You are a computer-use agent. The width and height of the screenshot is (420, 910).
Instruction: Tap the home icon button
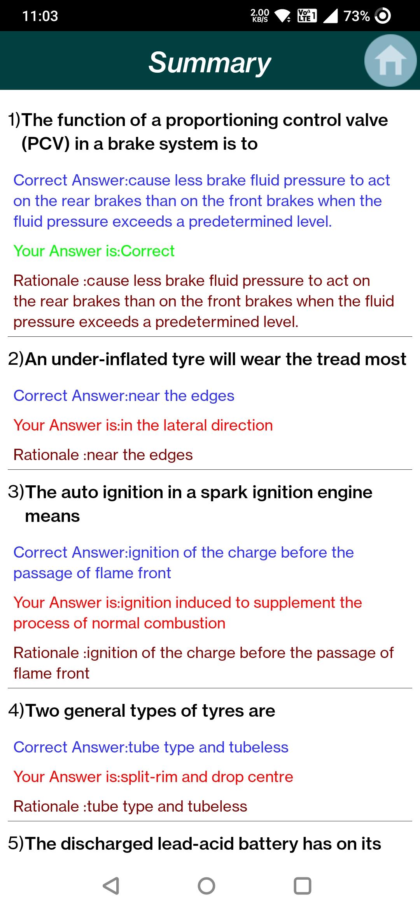pyautogui.click(x=390, y=61)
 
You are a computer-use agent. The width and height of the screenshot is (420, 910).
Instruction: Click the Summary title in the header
pyautogui.click(x=210, y=63)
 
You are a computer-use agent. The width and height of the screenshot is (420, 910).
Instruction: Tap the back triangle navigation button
pyautogui.click(x=111, y=886)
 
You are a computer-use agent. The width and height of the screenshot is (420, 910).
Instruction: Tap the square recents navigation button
pyautogui.click(x=302, y=886)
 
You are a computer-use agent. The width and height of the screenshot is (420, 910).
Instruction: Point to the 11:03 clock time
pyautogui.click(x=40, y=16)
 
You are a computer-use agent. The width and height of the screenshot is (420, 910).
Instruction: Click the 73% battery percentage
pyautogui.click(x=357, y=16)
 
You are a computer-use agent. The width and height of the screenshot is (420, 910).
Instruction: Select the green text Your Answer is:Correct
pyautogui.click(x=94, y=251)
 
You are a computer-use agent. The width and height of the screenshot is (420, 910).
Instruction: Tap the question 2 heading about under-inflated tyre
pyautogui.click(x=207, y=359)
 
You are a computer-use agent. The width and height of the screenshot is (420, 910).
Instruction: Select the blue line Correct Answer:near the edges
pyautogui.click(x=124, y=395)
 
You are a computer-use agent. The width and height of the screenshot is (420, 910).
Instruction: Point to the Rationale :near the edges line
pyautogui.click(x=103, y=455)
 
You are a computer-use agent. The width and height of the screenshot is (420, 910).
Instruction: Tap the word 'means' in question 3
pyautogui.click(x=52, y=516)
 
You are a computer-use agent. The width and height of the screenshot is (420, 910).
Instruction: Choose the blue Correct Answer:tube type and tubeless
pyautogui.click(x=151, y=747)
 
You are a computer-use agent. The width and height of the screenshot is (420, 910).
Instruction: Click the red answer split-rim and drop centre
pyautogui.click(x=207, y=777)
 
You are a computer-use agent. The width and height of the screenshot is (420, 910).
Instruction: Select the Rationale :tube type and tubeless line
pyautogui.click(x=130, y=806)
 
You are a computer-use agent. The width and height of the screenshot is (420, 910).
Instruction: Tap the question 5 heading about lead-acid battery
pyautogui.click(x=194, y=843)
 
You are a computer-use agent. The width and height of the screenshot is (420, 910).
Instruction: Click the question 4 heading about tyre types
pyautogui.click(x=142, y=711)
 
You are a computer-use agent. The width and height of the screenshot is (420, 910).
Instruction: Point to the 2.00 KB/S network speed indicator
pyautogui.click(x=260, y=16)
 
